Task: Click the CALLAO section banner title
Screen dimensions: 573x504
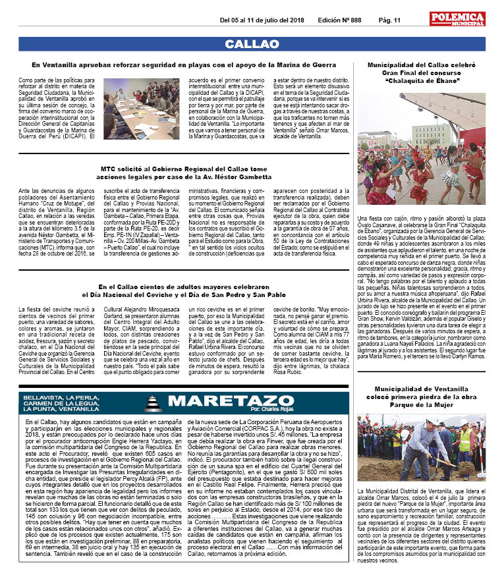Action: pos(252,44)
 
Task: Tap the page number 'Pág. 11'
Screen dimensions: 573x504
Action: pos(389,20)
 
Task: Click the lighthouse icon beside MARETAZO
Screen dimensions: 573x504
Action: pos(152,402)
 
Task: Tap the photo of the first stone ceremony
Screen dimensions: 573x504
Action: pos(421,448)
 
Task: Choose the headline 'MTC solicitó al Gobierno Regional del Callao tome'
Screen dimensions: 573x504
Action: pos(184,169)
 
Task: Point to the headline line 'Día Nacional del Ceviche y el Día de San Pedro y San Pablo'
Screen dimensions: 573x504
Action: pos(184,294)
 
